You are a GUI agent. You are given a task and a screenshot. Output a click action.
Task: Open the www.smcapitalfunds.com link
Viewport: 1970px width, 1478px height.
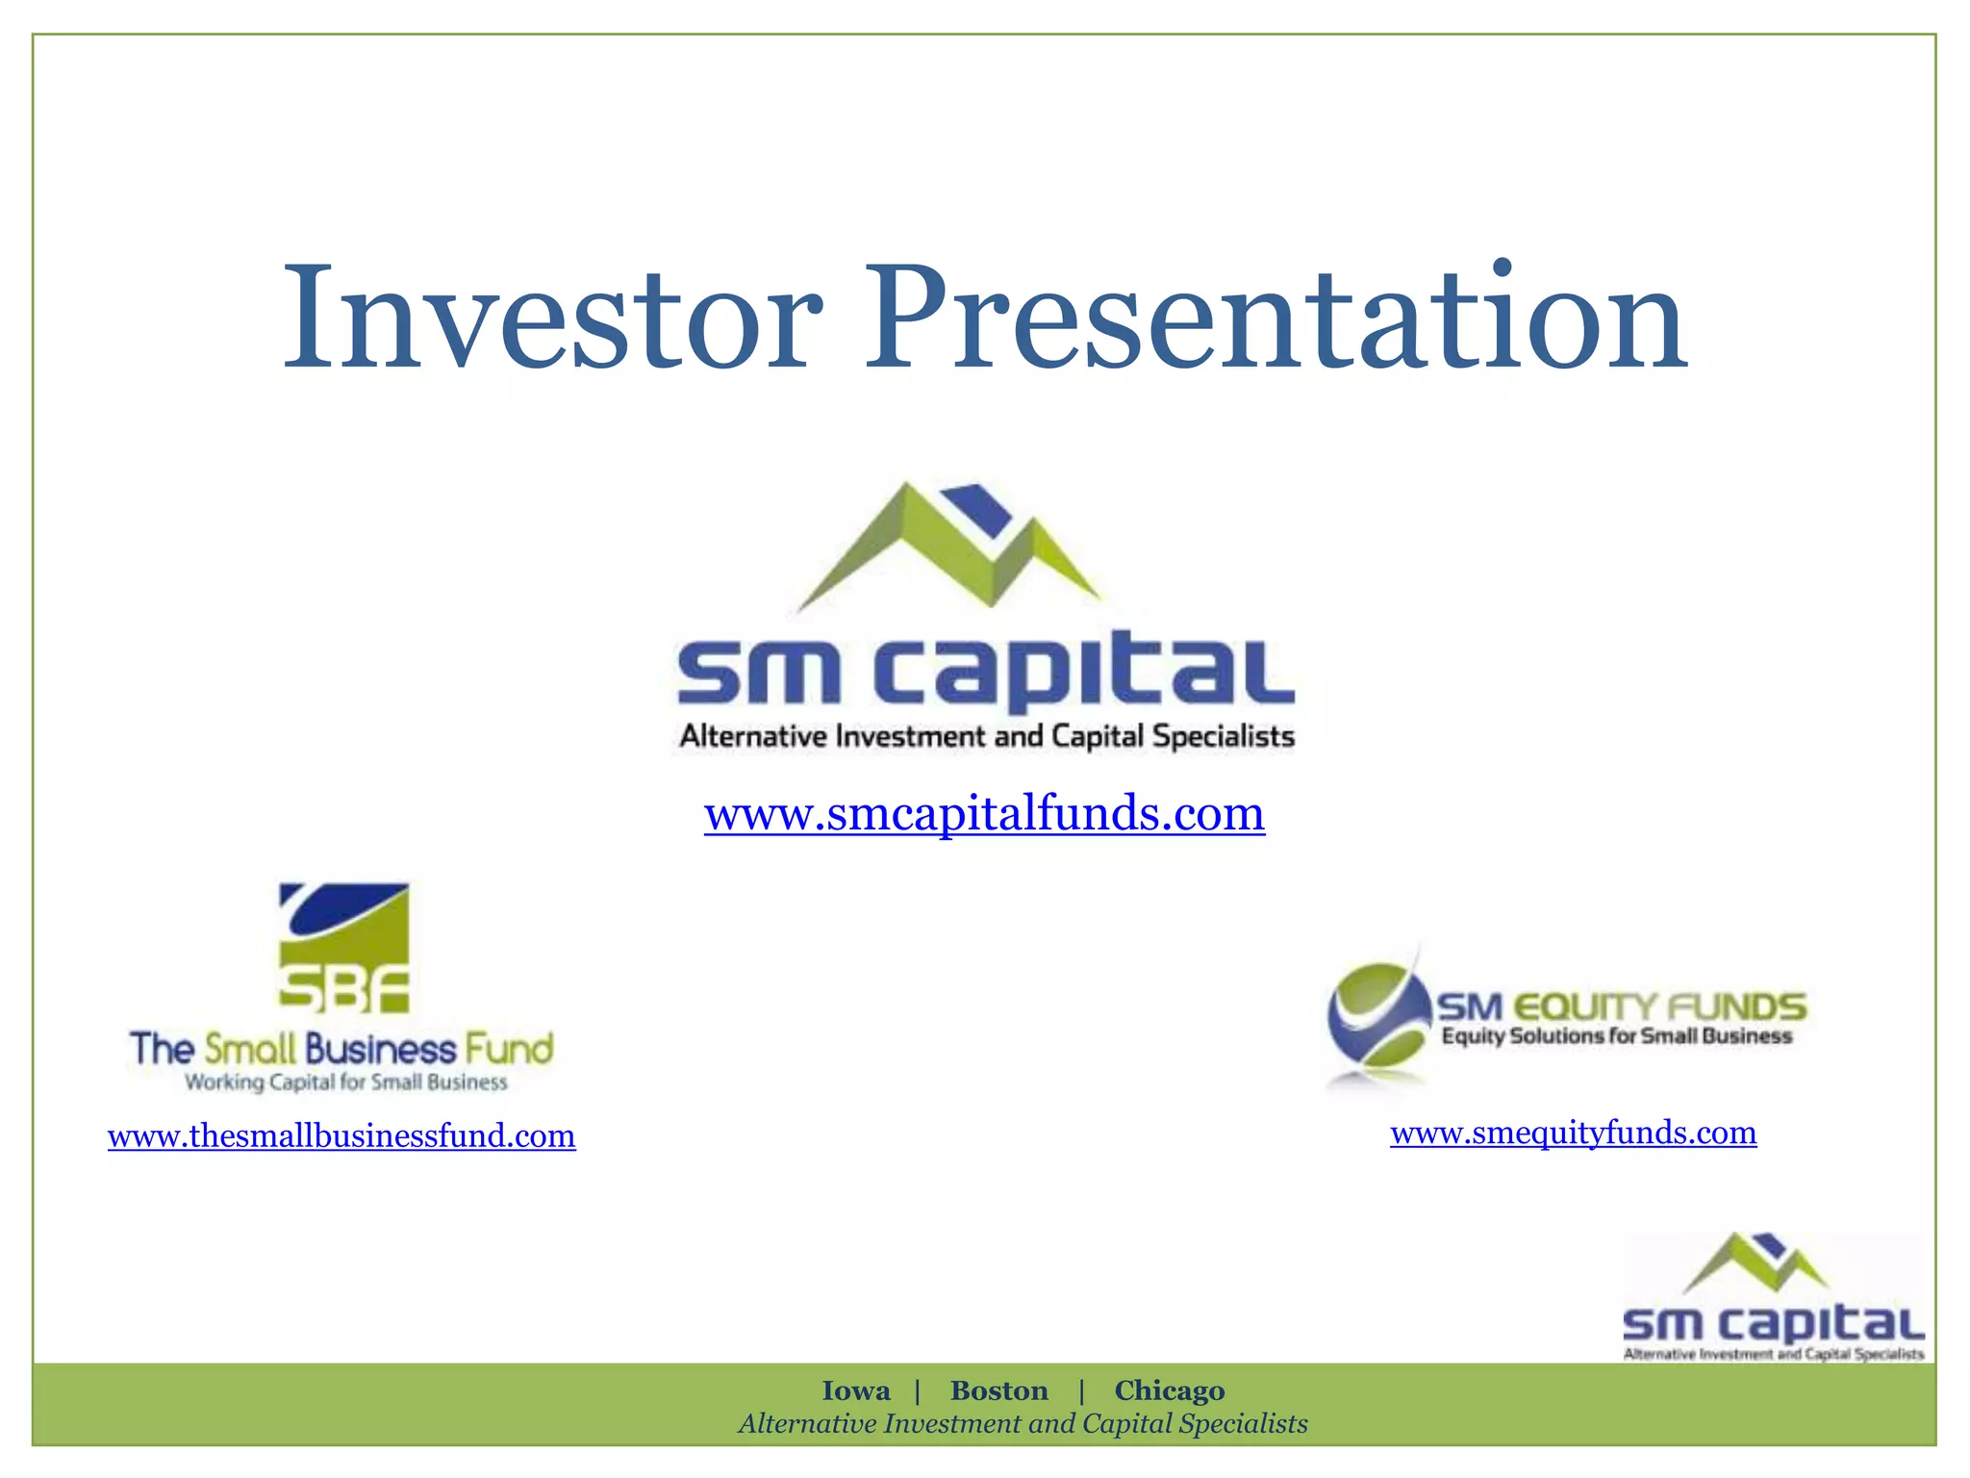point(984,813)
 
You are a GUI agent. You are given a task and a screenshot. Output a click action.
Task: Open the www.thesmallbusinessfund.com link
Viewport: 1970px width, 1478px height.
point(341,1136)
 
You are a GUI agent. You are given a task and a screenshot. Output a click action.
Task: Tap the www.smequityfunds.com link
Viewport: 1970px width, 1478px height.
point(1573,1133)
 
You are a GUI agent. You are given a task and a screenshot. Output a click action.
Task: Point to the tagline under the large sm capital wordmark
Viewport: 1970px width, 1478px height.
point(987,737)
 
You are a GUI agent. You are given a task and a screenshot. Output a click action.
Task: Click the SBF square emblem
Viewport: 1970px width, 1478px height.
point(344,948)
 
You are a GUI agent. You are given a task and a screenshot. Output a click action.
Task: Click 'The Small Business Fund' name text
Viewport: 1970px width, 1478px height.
point(341,1049)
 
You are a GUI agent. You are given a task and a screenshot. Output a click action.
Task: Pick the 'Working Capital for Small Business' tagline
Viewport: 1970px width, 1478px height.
point(345,1083)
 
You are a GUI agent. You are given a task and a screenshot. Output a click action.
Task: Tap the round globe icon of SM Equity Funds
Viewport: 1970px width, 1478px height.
point(1377,1016)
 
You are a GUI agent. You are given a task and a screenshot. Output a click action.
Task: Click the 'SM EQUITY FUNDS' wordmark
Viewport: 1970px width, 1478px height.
point(1622,1007)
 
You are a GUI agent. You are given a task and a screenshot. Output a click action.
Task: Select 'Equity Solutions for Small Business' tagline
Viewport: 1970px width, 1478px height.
point(1617,1036)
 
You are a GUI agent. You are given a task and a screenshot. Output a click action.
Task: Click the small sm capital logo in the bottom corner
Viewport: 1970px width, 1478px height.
point(1772,1299)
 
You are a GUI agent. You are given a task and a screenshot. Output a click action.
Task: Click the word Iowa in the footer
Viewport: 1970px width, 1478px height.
point(855,1391)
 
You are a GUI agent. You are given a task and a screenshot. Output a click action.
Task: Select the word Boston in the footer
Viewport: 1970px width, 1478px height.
point(998,1391)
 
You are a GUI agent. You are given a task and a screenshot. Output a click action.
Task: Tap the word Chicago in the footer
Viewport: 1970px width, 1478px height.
point(1169,1391)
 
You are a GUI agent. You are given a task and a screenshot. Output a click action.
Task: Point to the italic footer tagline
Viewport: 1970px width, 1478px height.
point(1023,1424)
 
